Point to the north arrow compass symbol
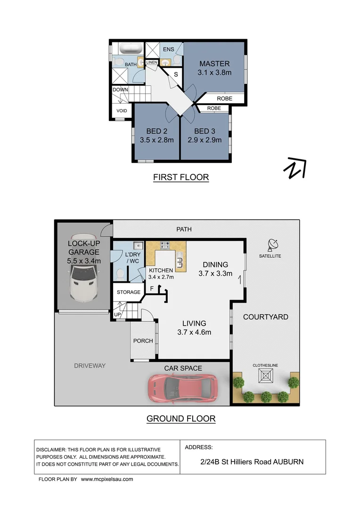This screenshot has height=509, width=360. tap(295, 168)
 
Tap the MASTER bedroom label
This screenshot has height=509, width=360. tap(214, 64)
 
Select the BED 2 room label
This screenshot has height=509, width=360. tap(156, 131)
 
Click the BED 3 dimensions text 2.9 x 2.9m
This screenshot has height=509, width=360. tap(205, 140)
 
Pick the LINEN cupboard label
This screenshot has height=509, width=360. tap(152, 62)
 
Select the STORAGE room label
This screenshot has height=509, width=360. tap(129, 292)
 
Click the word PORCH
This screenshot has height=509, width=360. tap(143, 341)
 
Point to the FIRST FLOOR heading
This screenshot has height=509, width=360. tap(180, 177)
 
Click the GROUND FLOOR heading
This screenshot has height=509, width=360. tap(180, 418)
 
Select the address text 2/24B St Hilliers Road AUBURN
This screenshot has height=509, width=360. tap(252, 462)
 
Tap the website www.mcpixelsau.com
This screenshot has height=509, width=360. tap(107, 479)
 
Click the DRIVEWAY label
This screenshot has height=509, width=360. tap(90, 366)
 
